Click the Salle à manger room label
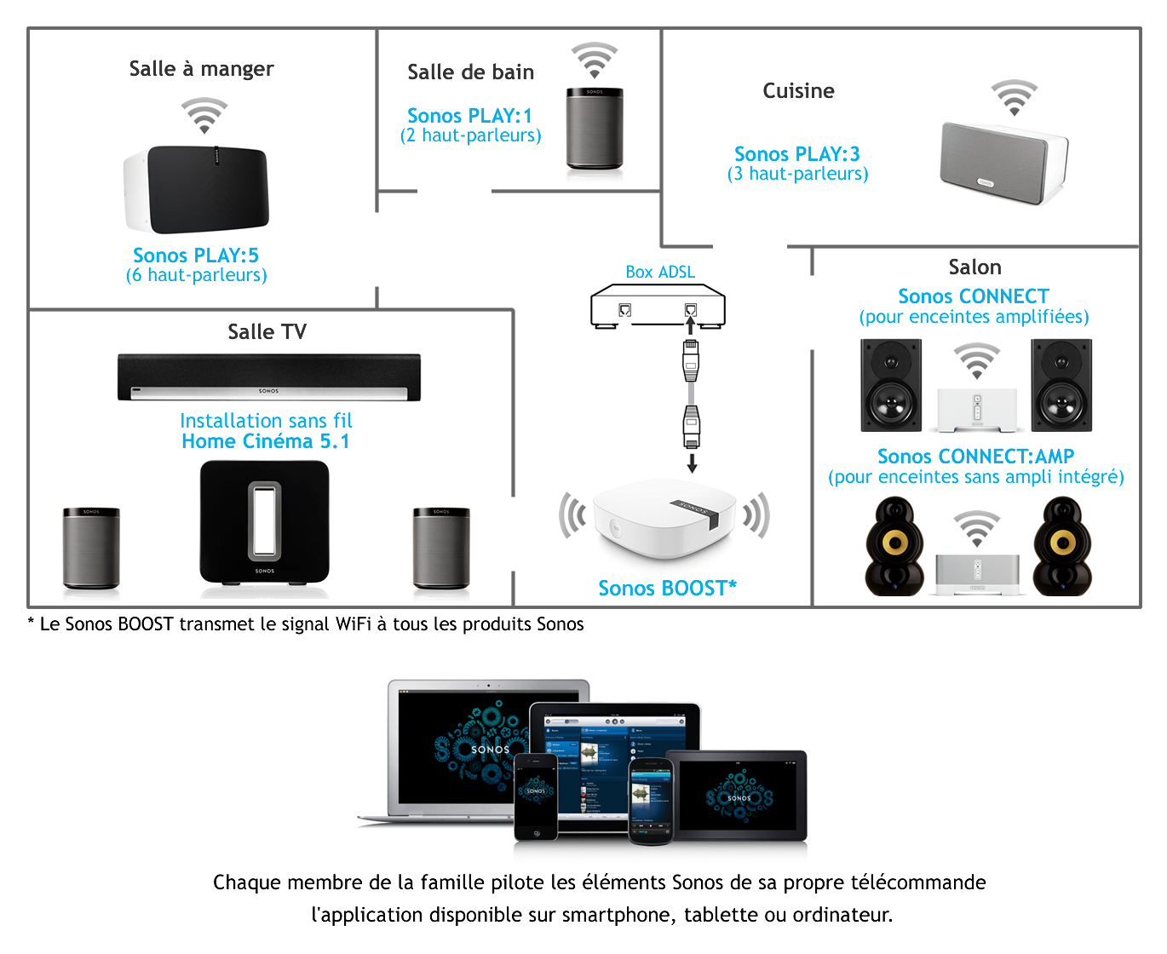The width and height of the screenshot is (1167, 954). (x=201, y=69)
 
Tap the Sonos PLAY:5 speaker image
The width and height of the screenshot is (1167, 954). (x=198, y=189)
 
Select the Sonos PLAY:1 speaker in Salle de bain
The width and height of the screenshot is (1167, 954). (x=595, y=128)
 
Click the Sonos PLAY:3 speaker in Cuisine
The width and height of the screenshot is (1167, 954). (x=1003, y=162)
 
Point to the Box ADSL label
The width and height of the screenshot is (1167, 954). (x=660, y=272)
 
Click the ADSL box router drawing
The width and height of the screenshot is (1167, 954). (x=658, y=306)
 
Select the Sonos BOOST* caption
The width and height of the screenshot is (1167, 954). (x=667, y=588)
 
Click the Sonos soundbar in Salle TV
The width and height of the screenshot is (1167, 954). (x=268, y=377)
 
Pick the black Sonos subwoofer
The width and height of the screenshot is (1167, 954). (x=264, y=523)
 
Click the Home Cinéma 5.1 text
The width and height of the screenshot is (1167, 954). (x=266, y=441)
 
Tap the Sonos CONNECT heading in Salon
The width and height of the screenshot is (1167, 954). (x=974, y=296)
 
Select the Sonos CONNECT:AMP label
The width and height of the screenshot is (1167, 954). (x=975, y=457)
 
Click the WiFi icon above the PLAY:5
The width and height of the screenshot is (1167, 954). (x=204, y=115)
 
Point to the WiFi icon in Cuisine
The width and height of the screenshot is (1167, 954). (x=1014, y=97)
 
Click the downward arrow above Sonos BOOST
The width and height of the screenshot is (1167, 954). (x=692, y=463)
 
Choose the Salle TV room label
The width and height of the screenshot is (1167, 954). (x=267, y=332)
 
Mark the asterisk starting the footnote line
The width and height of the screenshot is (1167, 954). (x=32, y=623)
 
